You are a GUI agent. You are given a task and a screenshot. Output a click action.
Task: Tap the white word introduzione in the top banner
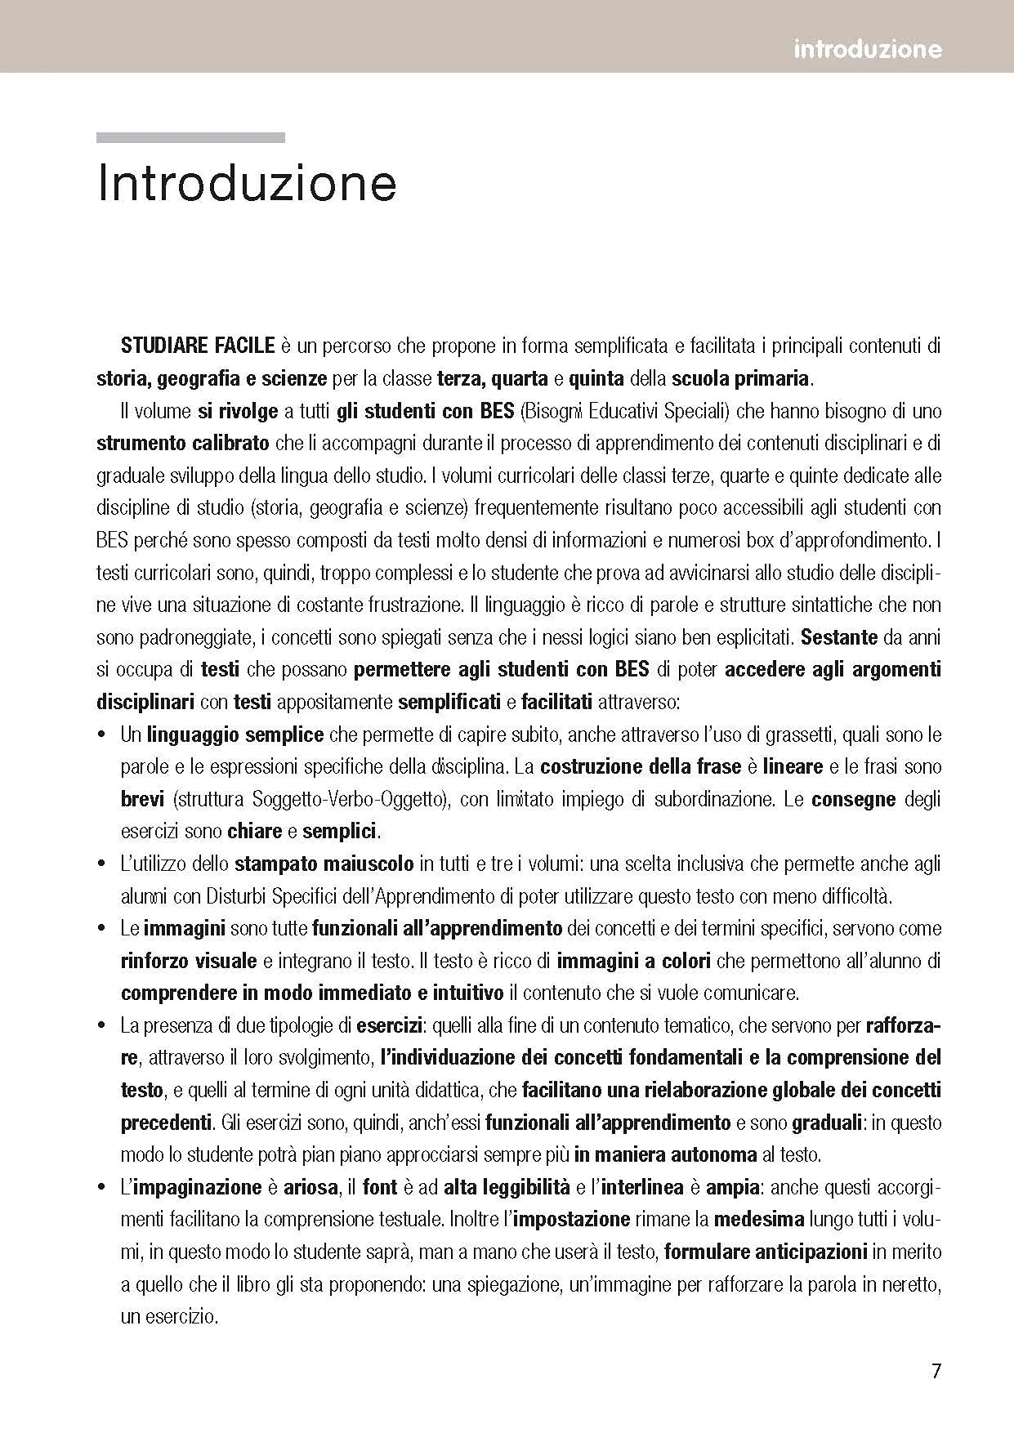click(x=867, y=50)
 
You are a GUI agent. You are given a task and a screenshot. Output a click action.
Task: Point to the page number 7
click(x=936, y=1370)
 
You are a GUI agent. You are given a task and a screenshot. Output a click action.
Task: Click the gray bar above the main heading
click(x=190, y=138)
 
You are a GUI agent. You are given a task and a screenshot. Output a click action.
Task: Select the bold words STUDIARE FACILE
click(x=198, y=346)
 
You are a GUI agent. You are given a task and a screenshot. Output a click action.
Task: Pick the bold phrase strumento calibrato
click(x=183, y=444)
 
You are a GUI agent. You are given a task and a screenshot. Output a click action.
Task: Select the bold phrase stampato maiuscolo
click(x=324, y=864)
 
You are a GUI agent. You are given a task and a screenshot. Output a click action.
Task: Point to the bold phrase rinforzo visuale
click(x=189, y=962)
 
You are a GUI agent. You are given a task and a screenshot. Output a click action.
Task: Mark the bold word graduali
click(x=827, y=1123)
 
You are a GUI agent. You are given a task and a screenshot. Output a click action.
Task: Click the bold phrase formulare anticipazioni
click(x=766, y=1252)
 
